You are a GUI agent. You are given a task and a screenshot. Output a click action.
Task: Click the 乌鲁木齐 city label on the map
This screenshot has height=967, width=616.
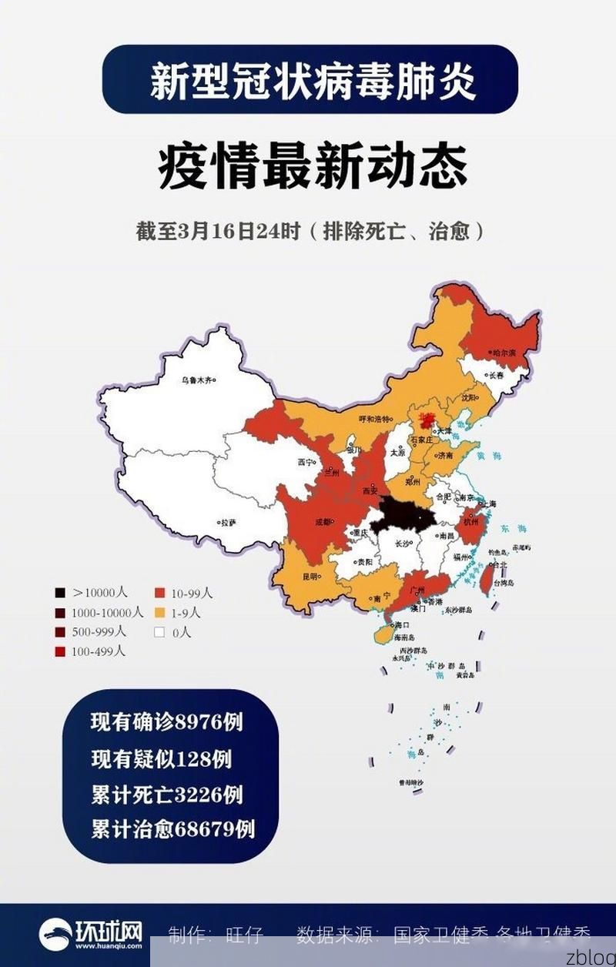click(196, 380)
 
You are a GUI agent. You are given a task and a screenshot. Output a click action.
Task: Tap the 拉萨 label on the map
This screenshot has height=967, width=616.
click(228, 522)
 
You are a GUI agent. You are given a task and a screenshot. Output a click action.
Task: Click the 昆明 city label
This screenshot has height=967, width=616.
click(308, 576)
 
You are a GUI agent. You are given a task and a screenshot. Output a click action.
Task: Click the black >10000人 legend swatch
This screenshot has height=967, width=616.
click(59, 593)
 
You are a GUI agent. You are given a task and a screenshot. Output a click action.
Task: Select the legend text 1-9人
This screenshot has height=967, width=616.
click(186, 613)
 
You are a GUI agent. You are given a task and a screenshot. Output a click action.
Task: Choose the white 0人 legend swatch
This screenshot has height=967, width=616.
click(160, 632)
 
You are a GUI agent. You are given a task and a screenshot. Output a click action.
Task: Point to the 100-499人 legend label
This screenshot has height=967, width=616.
click(98, 651)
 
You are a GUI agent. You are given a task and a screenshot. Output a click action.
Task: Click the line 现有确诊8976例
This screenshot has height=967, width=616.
click(167, 722)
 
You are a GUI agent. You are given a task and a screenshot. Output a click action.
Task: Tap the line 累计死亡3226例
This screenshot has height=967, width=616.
click(167, 794)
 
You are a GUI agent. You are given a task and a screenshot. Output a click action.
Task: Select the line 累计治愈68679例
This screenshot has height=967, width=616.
click(172, 829)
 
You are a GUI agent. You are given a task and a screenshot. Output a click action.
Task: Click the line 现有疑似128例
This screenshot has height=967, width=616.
click(161, 758)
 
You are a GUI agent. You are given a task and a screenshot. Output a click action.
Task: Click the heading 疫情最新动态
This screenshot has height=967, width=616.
click(313, 168)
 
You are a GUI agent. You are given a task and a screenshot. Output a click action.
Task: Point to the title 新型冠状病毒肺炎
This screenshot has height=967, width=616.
click(313, 80)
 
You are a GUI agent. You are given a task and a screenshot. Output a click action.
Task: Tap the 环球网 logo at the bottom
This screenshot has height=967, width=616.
click(91, 934)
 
